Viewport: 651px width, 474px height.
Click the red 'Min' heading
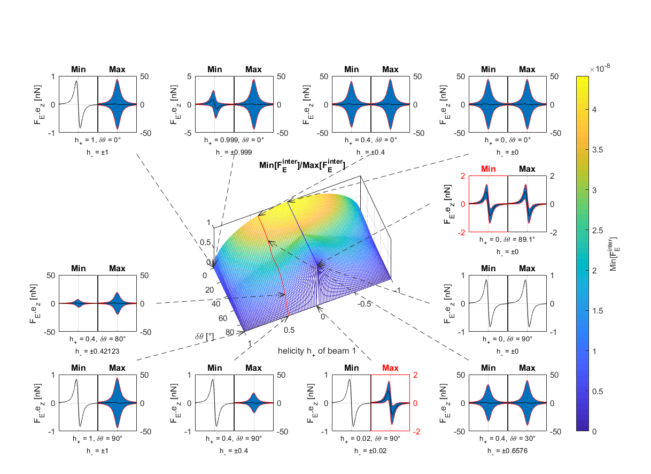[488, 169]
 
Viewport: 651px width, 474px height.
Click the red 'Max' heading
[390, 368]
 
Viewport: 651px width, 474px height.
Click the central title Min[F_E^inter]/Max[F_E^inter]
[302, 166]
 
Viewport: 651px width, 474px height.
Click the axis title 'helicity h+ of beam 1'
[317, 351]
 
